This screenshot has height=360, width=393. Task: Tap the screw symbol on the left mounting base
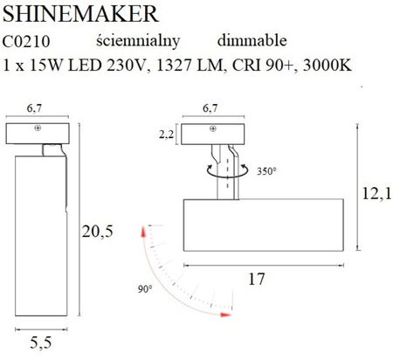pos(38,129)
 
